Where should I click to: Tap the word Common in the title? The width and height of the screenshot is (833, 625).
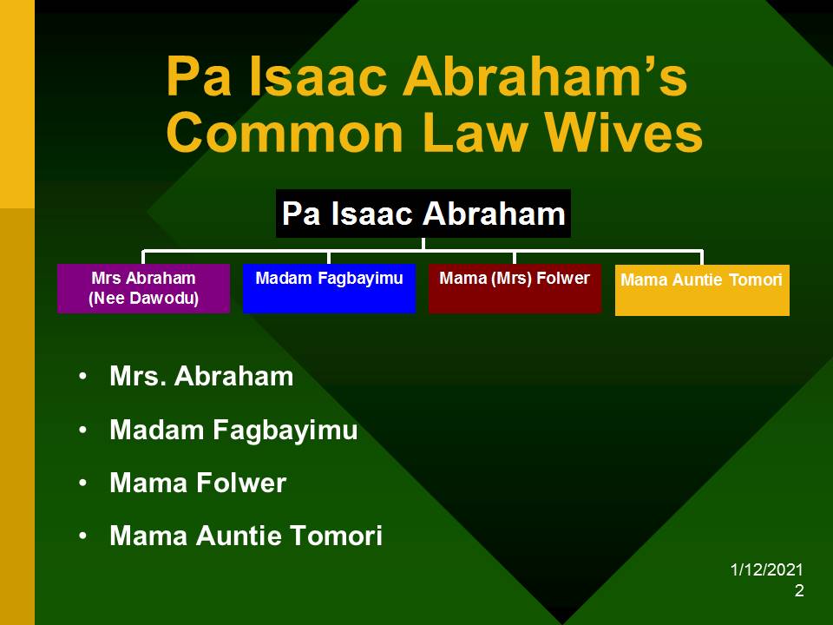285,133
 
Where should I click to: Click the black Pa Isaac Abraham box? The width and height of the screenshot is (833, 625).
423,214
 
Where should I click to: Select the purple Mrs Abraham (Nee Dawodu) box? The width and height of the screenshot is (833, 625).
143,288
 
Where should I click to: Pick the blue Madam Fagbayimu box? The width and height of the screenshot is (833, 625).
329,288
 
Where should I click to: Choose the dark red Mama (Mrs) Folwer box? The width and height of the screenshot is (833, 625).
515,288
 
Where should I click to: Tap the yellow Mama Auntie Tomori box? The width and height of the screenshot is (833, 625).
702,290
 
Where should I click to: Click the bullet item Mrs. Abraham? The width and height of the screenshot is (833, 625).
201,376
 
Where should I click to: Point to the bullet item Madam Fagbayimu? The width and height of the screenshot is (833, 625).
233,430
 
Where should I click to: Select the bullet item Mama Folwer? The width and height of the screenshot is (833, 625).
198,483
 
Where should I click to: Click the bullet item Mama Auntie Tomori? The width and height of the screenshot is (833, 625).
246,536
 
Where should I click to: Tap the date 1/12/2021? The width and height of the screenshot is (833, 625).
766,569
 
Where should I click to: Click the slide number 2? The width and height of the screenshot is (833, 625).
799,590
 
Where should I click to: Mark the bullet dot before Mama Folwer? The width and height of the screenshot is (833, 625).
82,484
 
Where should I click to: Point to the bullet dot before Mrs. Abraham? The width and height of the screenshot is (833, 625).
82,377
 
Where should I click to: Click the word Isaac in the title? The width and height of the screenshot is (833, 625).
318,76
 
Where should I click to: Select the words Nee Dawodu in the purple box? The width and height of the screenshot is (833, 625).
143,298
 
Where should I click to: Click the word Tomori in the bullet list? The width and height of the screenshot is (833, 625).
337,536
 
